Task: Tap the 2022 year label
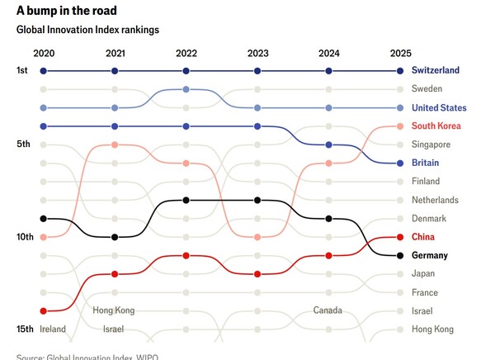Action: (186, 53)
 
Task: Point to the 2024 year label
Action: (329, 53)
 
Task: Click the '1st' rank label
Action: (22, 71)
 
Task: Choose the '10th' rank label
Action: (25, 237)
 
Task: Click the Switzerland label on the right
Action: (435, 71)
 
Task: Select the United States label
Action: (439, 108)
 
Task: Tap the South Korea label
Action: (435, 126)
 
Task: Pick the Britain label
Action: (425, 163)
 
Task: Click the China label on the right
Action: (422, 237)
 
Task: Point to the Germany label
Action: (429, 255)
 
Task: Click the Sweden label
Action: (427, 89)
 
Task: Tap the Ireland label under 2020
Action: (52, 329)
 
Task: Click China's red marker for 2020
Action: (43, 310)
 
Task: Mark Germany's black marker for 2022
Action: (186, 200)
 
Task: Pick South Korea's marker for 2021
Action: (115, 145)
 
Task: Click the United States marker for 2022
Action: (186, 89)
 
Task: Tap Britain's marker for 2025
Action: (400, 163)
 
